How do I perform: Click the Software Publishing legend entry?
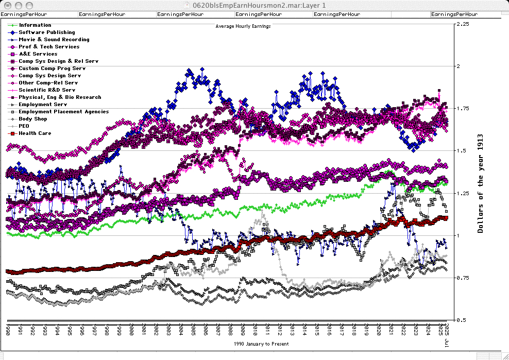(47, 32)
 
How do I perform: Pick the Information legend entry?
(35, 25)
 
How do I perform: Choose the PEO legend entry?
(24, 126)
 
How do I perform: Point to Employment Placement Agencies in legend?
(63, 112)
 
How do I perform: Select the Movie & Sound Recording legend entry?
(54, 40)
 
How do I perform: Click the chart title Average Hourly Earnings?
(243, 26)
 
